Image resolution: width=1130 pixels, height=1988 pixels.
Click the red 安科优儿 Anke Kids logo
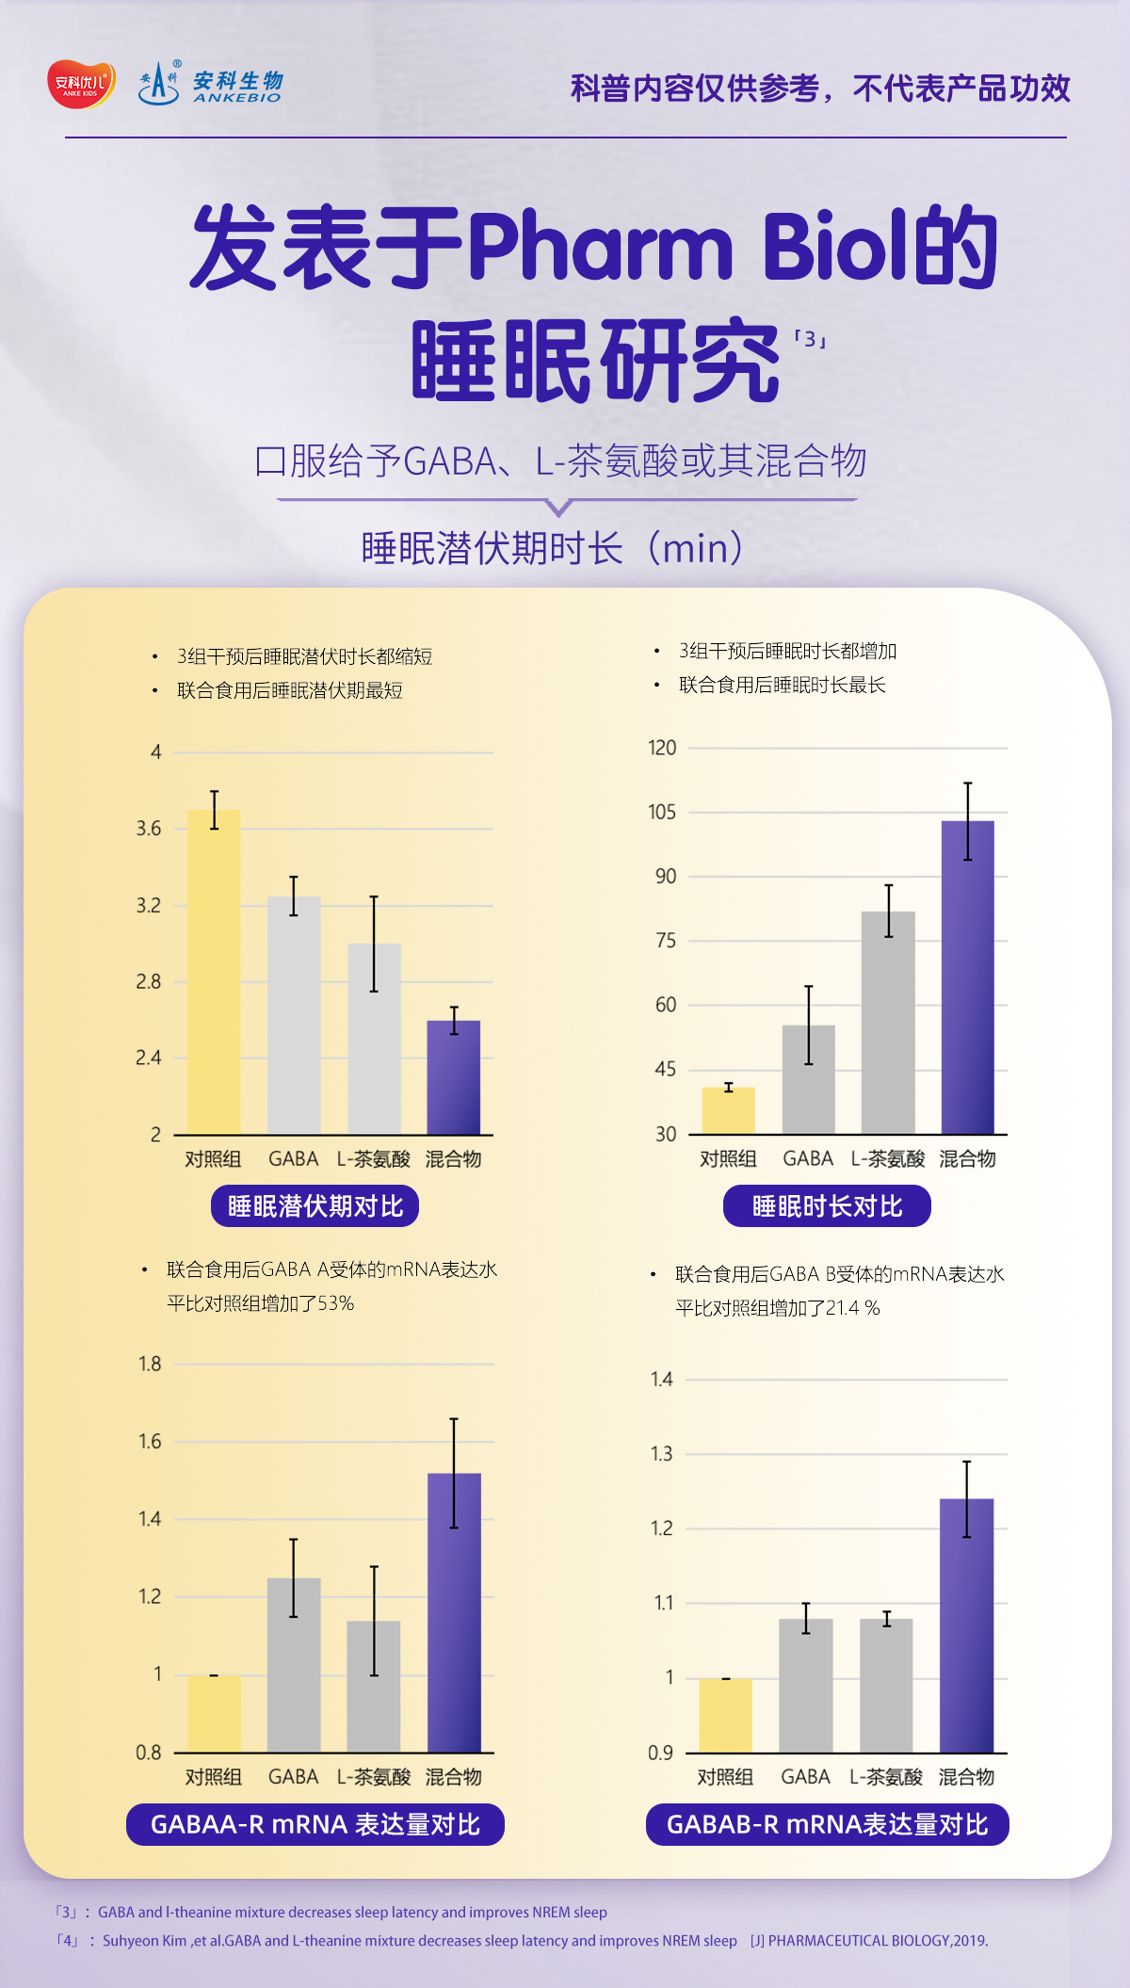pyautogui.click(x=82, y=85)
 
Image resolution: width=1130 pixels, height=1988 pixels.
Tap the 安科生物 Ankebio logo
pyautogui.click(x=211, y=85)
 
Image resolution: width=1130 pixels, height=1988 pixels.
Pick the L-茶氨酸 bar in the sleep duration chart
pyautogui.click(x=888, y=1022)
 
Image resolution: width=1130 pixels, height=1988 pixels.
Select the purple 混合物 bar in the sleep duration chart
pyautogui.click(x=967, y=977)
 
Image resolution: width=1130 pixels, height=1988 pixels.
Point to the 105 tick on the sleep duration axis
pyautogui.click(x=662, y=812)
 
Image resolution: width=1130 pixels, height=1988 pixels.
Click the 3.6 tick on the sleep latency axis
pyautogui.click(x=149, y=829)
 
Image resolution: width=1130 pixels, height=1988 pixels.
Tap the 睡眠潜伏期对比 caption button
pyautogui.click(x=315, y=1206)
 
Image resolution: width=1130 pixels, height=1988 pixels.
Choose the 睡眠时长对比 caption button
pyautogui.click(x=827, y=1206)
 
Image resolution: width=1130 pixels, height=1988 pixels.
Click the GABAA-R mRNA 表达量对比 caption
pyautogui.click(x=315, y=1824)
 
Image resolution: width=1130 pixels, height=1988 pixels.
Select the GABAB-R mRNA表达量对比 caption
pyautogui.click(x=827, y=1824)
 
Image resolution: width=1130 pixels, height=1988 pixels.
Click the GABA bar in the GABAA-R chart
pyautogui.click(x=294, y=1664)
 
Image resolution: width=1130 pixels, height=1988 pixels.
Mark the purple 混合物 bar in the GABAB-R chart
pyautogui.click(x=966, y=1624)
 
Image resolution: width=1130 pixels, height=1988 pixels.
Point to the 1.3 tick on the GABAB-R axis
pyautogui.click(x=662, y=1454)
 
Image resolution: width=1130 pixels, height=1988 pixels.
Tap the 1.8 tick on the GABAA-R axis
pyautogui.click(x=150, y=1364)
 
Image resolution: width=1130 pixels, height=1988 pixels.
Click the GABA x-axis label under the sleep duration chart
pyautogui.click(x=808, y=1158)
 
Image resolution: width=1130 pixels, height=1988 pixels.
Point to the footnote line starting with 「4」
pyautogui.click(x=522, y=1941)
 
